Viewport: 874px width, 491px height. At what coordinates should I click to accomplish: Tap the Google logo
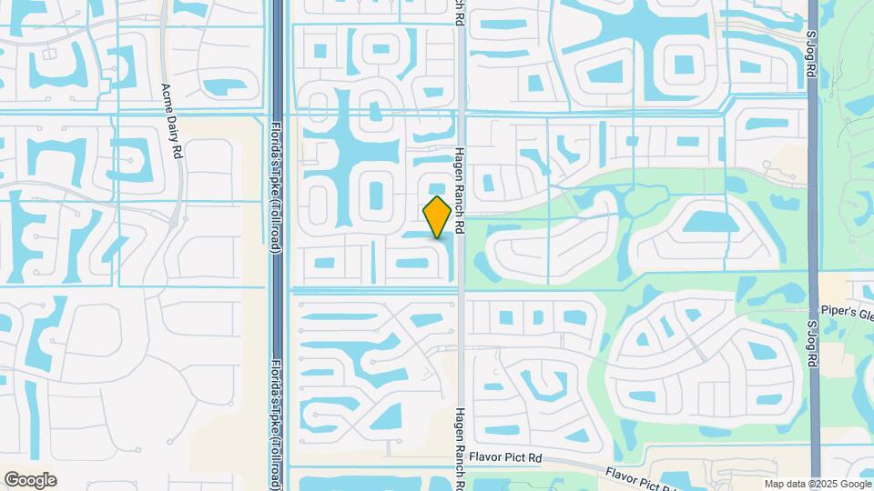[x=30, y=480]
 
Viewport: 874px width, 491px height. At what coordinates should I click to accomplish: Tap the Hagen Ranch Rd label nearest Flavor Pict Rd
[x=460, y=446]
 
